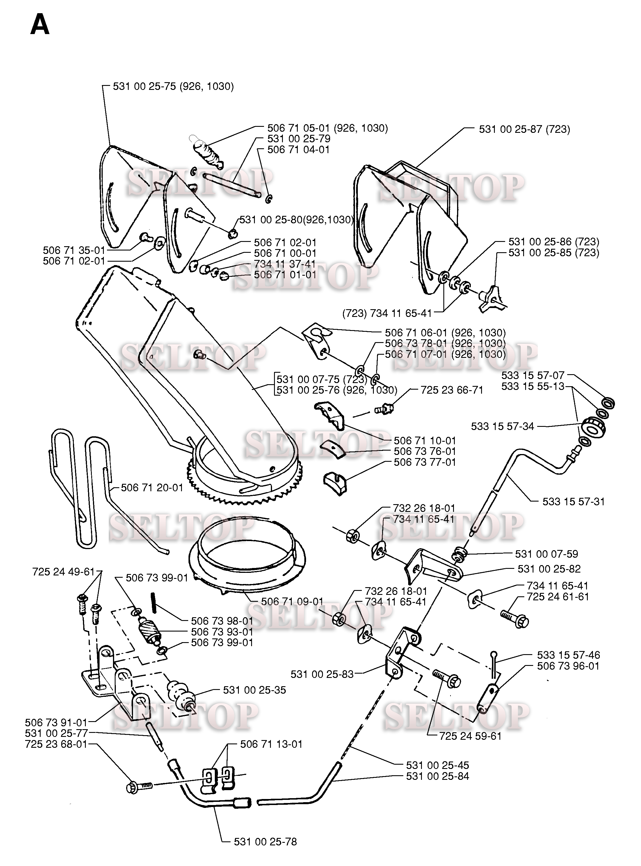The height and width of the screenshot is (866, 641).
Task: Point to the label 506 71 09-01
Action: click(x=292, y=601)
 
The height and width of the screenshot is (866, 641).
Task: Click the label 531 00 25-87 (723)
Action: click(x=524, y=129)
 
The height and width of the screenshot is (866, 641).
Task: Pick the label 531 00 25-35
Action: click(x=254, y=690)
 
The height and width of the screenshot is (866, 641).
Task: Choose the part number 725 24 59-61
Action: click(x=470, y=736)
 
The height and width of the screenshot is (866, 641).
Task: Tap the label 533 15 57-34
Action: click(x=503, y=426)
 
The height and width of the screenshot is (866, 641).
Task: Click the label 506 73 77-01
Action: click(x=424, y=462)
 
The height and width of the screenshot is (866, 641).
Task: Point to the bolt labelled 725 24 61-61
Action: click(x=514, y=618)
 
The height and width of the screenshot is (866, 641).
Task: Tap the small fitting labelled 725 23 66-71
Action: click(x=384, y=409)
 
